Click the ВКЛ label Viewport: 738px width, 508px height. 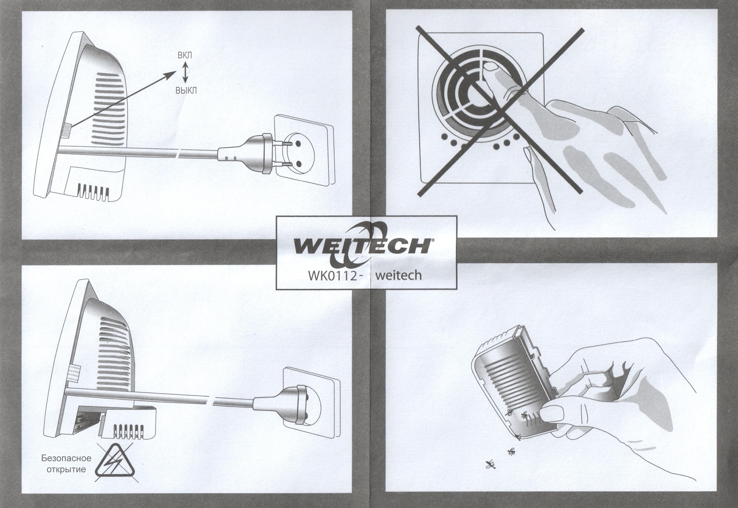(x=184, y=56)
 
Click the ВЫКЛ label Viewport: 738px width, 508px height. (x=186, y=90)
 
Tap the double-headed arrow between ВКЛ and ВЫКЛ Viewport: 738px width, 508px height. (x=186, y=72)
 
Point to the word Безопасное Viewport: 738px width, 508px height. (x=66, y=459)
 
